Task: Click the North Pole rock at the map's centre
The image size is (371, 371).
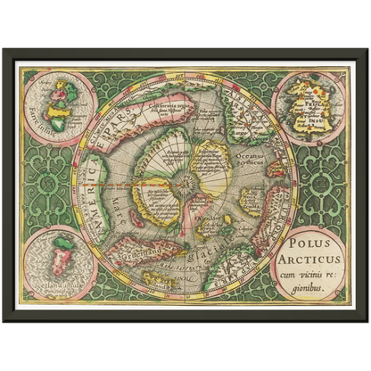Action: pyautogui.click(x=185, y=185)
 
